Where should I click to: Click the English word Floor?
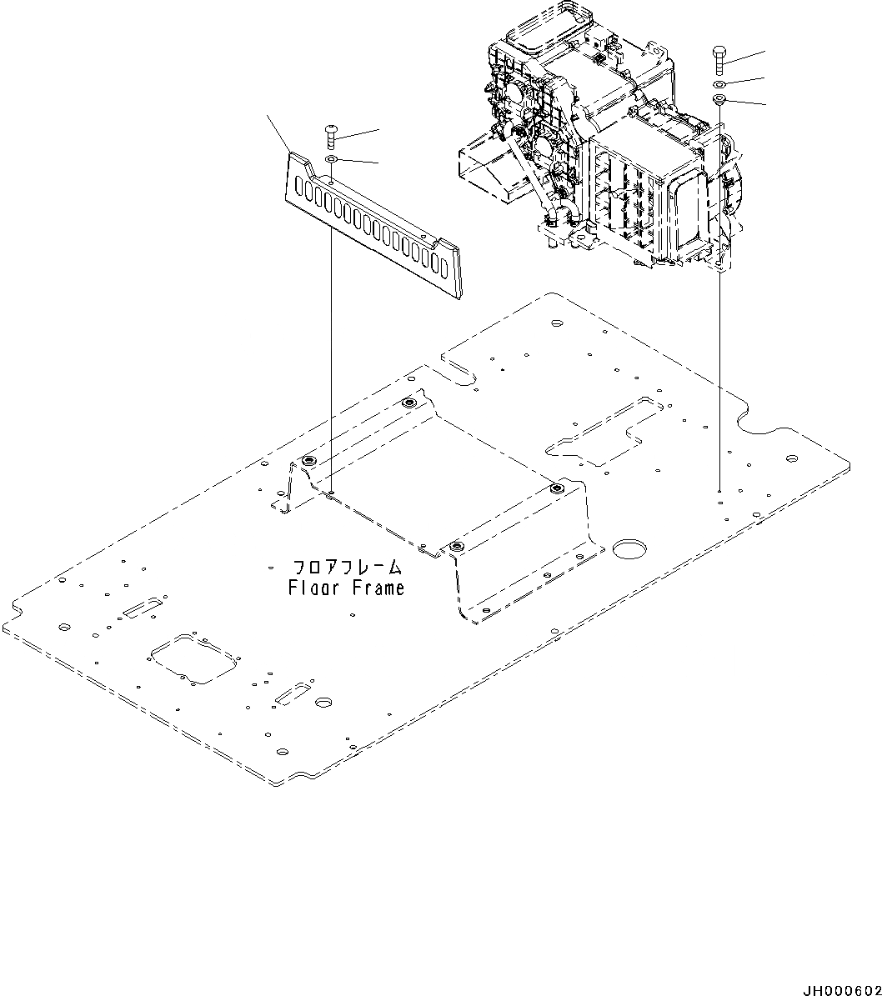tap(314, 588)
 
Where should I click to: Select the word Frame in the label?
tap(378, 588)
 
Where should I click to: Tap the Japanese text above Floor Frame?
tap(346, 568)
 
